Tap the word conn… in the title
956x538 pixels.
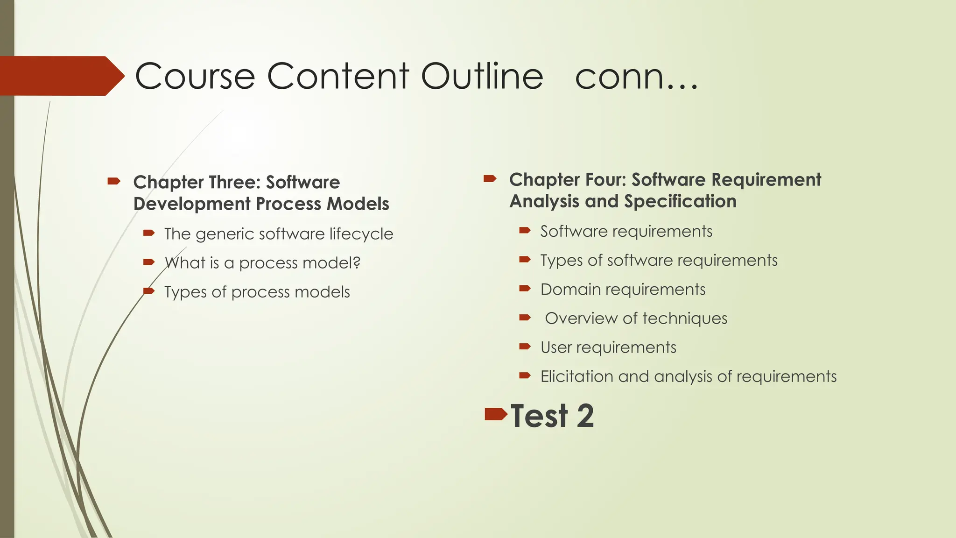pyautogui.click(x=636, y=77)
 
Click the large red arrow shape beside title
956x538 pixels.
pyautogui.click(x=61, y=76)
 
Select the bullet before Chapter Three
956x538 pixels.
pyautogui.click(x=114, y=181)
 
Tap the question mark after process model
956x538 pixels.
pyautogui.click(x=357, y=262)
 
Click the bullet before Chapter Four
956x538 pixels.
pyautogui.click(x=490, y=178)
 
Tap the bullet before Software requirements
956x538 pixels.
pyautogui.click(x=525, y=230)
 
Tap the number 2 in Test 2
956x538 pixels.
pyautogui.click(x=585, y=416)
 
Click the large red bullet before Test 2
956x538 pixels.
pyautogui.click(x=496, y=414)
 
